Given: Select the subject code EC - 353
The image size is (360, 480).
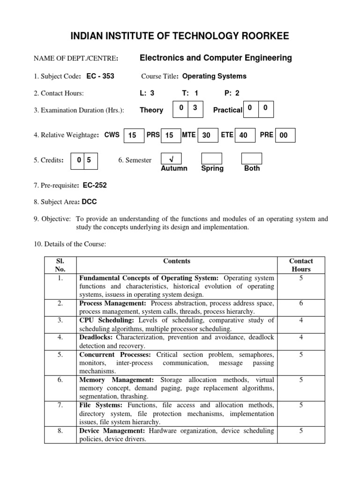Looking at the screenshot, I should (100, 76).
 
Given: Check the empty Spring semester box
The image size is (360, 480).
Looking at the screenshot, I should (211, 158).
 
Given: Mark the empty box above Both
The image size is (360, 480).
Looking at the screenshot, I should (251, 158).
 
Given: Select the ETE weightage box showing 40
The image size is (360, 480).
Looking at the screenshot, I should (244, 135).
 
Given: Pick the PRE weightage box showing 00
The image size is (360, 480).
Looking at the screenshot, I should (285, 135).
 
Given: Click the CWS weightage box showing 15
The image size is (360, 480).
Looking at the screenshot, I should (133, 135).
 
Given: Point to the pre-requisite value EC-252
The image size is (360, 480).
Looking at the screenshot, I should (95, 185).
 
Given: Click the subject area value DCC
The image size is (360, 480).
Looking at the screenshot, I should (89, 202).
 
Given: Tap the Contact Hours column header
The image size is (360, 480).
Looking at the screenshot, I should (301, 265).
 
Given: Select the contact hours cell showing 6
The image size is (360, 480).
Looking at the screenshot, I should (301, 303).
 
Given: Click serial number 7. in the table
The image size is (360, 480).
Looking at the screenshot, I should (60, 405).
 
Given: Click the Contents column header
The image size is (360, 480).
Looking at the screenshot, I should (177, 261).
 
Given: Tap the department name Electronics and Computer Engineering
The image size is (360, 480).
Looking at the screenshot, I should (216, 58).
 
